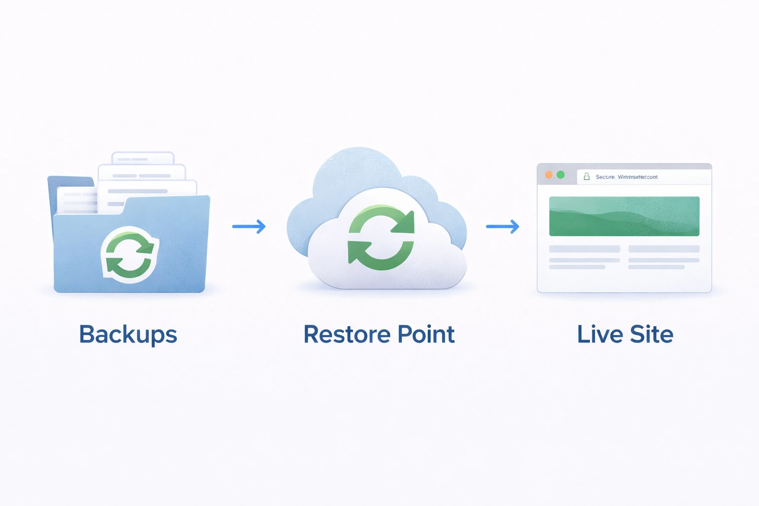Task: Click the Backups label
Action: point(128,335)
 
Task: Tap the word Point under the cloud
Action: point(426,335)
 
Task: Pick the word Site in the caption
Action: point(651,335)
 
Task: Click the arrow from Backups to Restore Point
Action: point(249,227)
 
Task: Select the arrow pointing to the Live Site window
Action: point(503,227)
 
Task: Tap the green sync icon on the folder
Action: point(130,254)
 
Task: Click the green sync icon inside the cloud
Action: point(381,238)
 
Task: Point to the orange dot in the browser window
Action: point(548,175)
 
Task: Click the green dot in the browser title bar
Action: point(560,175)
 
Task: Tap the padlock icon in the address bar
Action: point(587,176)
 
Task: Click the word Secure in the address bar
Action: point(605,177)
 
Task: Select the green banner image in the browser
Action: point(624,216)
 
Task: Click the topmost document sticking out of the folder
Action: point(143,158)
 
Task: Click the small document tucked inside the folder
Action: point(77,200)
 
